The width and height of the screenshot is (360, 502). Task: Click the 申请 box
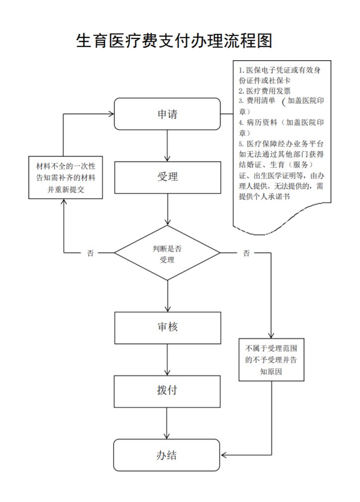click(x=167, y=114)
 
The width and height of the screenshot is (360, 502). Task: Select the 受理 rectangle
click(x=167, y=177)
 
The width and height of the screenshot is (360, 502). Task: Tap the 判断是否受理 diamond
click(x=167, y=253)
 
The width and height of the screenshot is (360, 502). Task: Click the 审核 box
click(x=167, y=327)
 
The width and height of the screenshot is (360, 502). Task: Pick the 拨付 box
click(x=167, y=391)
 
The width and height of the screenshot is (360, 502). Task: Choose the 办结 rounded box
click(x=167, y=455)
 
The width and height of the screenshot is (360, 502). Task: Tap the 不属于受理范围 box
click(x=271, y=358)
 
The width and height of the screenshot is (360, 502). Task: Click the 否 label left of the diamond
click(x=90, y=253)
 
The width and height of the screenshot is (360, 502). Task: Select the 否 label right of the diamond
click(x=247, y=253)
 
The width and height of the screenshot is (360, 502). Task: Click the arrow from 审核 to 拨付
click(x=168, y=359)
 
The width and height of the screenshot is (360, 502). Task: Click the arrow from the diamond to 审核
click(x=168, y=296)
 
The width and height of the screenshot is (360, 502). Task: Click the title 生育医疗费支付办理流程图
click(x=174, y=41)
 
